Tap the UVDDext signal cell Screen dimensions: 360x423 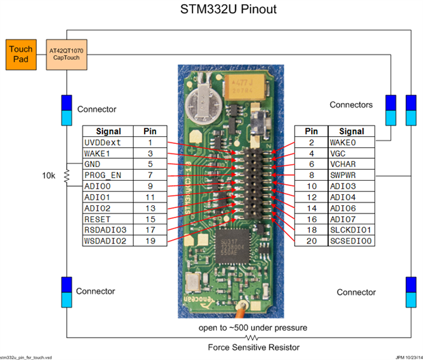(108, 142)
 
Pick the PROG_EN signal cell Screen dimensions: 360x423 (108, 175)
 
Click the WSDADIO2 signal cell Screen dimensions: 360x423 (108, 241)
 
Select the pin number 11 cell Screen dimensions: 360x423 (150, 197)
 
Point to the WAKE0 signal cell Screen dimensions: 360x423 (351, 142)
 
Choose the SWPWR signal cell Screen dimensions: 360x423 (351, 175)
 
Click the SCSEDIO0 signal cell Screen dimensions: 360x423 (351, 241)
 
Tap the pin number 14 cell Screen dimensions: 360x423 (311, 208)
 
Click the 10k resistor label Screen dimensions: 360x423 (48, 176)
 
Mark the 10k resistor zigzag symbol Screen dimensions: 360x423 (66, 176)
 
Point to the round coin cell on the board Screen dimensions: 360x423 (205, 102)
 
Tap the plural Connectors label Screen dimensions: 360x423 (351, 105)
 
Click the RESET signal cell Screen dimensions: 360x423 (108, 219)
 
